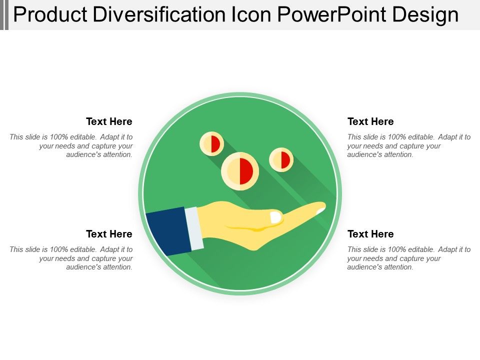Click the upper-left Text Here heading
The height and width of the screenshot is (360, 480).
[109, 121]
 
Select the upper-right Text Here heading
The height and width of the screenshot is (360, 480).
[370, 121]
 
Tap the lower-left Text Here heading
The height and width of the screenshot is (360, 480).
[109, 234]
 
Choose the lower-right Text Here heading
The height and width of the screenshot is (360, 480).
[370, 234]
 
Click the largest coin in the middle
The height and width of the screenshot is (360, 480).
[240, 171]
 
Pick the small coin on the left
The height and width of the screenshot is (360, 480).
[212, 144]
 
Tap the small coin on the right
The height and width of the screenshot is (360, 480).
[281, 160]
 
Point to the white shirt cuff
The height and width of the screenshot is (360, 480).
[194, 228]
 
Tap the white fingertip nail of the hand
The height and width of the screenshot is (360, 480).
[320, 210]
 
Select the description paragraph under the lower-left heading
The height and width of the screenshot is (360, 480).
[71, 258]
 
